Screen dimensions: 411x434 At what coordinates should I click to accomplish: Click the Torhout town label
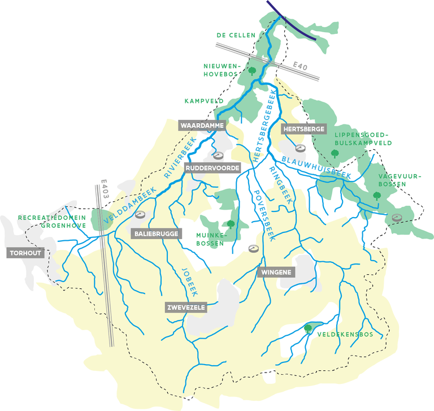coord(25,253)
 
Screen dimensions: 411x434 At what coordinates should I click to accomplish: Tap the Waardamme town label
coord(202,125)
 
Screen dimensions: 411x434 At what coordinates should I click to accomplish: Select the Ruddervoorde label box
coord(212,168)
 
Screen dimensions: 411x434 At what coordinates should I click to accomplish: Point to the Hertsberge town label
coord(303,129)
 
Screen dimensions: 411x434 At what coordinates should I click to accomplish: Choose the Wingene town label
coord(276,272)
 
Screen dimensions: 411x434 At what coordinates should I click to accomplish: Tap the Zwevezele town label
coord(185,307)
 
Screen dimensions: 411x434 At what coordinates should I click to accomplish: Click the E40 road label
coord(301,67)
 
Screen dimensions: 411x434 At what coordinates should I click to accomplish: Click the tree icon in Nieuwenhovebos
coord(253,71)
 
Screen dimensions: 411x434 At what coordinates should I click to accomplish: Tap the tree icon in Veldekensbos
coord(308,327)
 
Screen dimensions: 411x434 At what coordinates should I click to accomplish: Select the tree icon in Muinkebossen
coord(231,224)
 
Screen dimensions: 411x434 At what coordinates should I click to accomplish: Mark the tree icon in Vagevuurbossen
coord(376,196)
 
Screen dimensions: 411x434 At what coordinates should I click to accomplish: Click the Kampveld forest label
coord(204,101)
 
